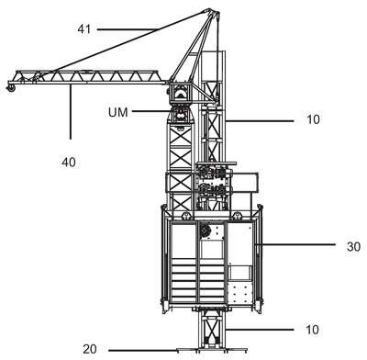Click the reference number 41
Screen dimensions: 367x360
84,29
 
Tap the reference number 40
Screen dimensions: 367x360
69,162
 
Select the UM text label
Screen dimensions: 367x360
118,112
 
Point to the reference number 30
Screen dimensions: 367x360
353,246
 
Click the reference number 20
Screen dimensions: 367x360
90,349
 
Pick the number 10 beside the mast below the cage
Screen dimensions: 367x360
312,330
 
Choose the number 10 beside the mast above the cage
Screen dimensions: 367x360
313,119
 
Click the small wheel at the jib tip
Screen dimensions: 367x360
11,88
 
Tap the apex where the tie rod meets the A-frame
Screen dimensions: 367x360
210,11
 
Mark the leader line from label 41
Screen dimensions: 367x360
128,29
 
